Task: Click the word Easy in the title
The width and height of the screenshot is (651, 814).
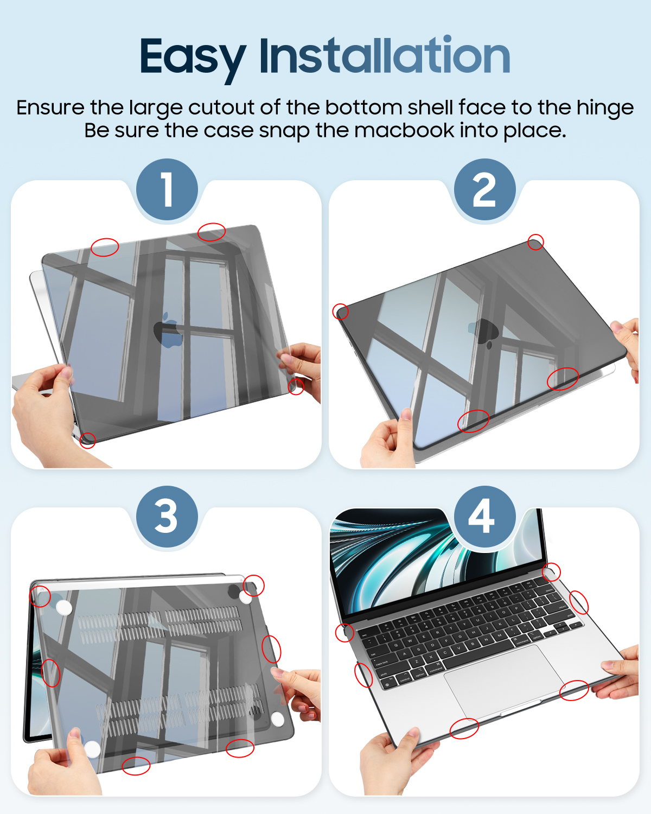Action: tap(193, 59)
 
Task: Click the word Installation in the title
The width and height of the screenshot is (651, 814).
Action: tap(385, 55)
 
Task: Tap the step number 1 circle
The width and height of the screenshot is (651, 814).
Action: tap(167, 189)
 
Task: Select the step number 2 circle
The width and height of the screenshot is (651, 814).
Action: tap(484, 189)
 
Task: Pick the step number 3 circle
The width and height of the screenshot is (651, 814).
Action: tap(167, 517)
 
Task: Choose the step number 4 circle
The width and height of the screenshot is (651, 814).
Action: tap(484, 517)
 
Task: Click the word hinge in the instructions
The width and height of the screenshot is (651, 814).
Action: tap(605, 109)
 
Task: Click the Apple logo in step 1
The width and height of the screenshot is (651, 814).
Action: tap(168, 330)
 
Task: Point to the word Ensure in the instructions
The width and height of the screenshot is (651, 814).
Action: tap(50, 108)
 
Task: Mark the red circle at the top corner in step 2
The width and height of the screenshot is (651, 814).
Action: tap(535, 242)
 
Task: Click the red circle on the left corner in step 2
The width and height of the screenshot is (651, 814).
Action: tap(340, 311)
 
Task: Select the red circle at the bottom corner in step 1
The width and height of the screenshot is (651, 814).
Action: tap(87, 440)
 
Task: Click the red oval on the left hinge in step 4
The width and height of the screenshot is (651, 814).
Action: tap(344, 632)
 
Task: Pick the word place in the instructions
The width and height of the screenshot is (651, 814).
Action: tap(534, 131)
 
